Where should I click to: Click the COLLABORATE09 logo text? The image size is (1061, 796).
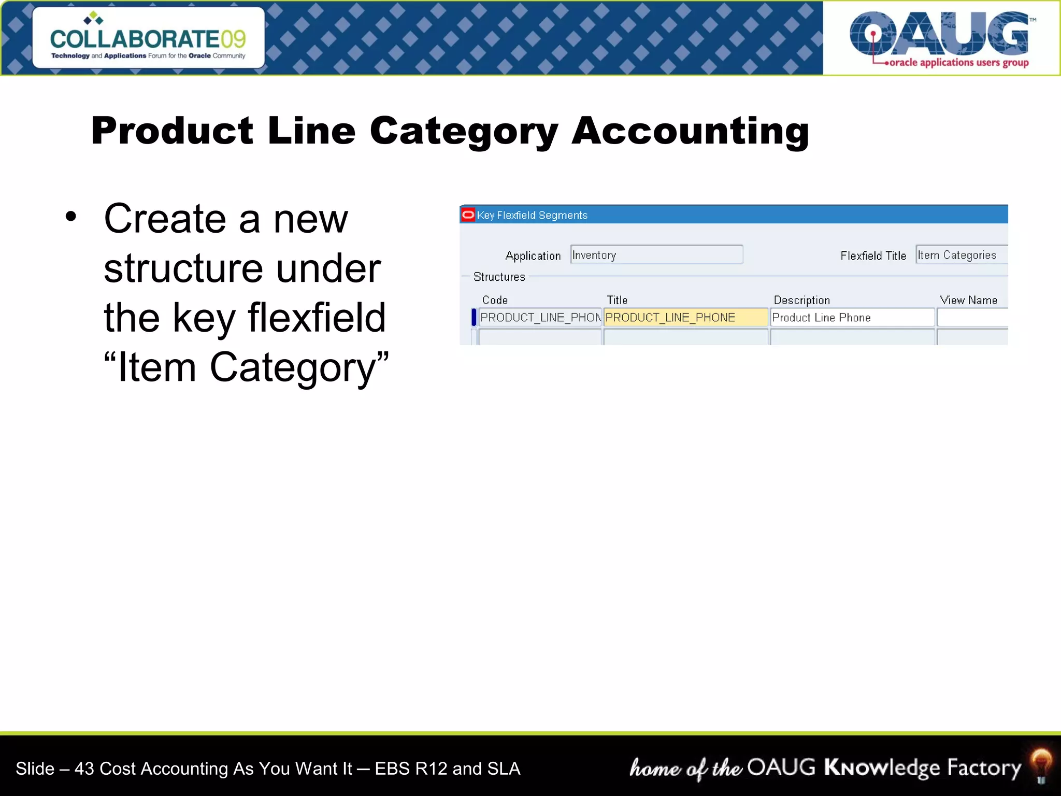pyautogui.click(x=148, y=39)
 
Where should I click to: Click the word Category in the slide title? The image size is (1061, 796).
pyautogui.click(x=464, y=132)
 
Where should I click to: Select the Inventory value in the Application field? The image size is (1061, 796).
pyautogui.click(x=594, y=255)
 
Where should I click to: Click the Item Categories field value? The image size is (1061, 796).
pyautogui.click(x=957, y=255)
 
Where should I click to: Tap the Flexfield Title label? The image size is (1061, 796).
pyautogui.click(x=873, y=255)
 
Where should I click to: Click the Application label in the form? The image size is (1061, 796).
pyautogui.click(x=533, y=255)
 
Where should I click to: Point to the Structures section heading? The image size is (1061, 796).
pyautogui.click(x=499, y=277)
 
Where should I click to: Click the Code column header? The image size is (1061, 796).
pyautogui.click(x=495, y=300)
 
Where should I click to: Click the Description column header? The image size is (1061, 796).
pyautogui.click(x=801, y=300)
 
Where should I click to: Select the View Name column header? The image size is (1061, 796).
pyautogui.click(x=968, y=300)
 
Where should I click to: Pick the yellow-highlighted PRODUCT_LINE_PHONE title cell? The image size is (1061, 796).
pyautogui.click(x=685, y=317)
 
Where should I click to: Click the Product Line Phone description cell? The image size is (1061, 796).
pyautogui.click(x=852, y=317)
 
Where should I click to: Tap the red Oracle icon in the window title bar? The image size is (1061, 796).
pyautogui.click(x=468, y=215)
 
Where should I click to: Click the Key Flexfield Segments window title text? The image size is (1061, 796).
pyautogui.click(x=532, y=215)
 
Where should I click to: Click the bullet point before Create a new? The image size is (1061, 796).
pyautogui.click(x=71, y=217)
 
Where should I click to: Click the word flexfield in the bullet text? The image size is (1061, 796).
pyautogui.click(x=317, y=317)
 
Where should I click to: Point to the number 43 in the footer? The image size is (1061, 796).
pyautogui.click(x=84, y=769)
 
